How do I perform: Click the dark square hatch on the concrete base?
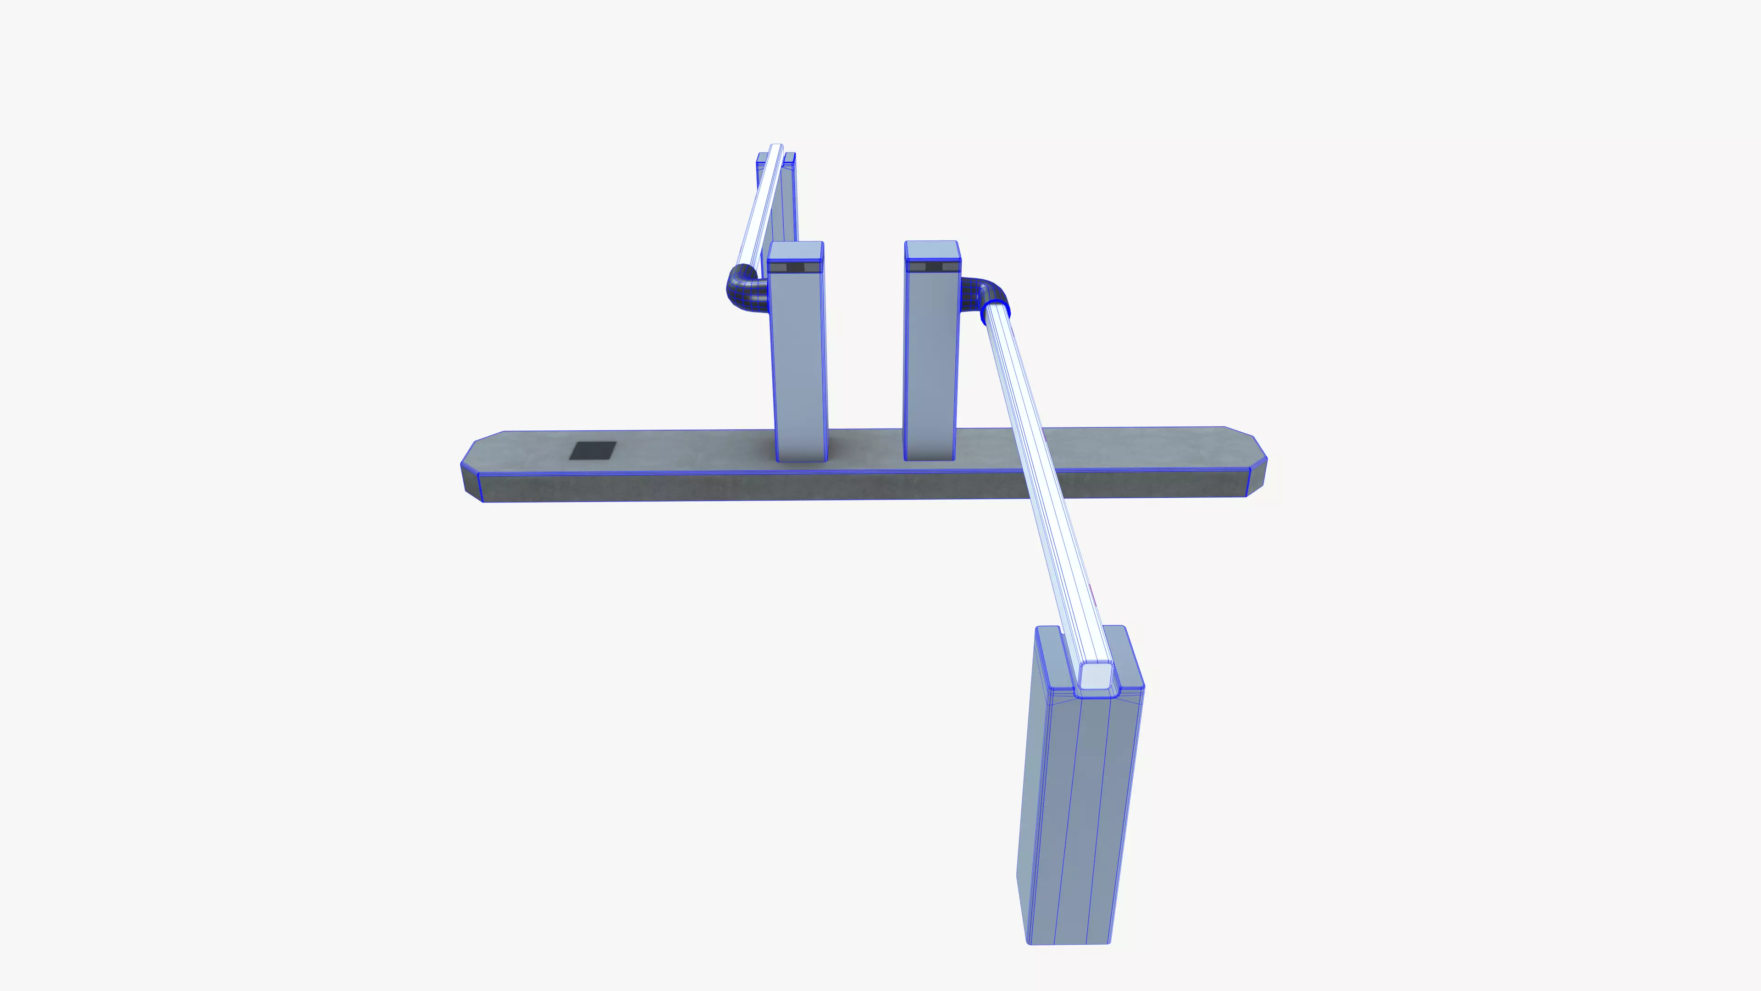(593, 451)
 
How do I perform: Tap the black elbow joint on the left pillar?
(744, 291)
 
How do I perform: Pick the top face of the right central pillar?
(932, 250)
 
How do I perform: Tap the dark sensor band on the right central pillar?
(932, 267)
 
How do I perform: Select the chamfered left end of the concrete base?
(472, 472)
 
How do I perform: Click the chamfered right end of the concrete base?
(1257, 465)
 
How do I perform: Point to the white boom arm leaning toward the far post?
(759, 205)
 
